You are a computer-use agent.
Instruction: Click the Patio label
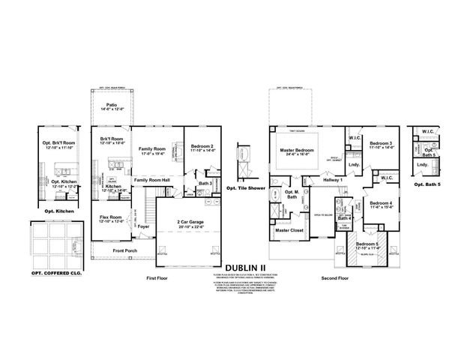coord(111,106)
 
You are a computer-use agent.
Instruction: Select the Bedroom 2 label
coord(202,146)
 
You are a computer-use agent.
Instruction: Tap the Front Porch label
coord(124,250)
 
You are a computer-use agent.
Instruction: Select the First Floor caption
coord(157,277)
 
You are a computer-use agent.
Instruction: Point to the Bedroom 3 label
coord(381,143)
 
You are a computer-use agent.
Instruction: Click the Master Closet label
coord(289,230)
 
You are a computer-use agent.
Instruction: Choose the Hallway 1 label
coord(333,180)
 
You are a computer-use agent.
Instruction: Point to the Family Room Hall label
coord(152,181)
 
